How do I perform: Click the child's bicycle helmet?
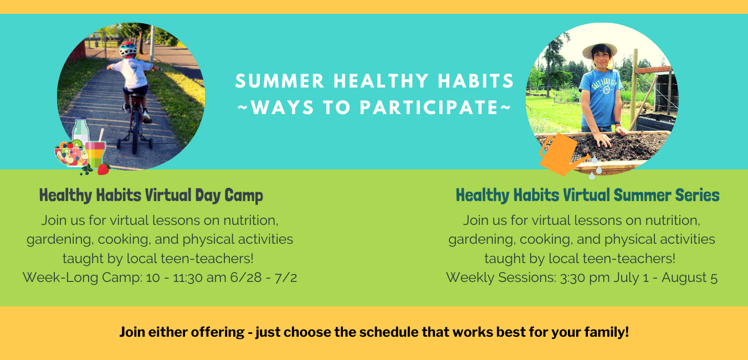tap(128, 49)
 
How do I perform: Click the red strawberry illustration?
tap(104, 169)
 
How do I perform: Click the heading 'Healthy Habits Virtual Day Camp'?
tap(151, 195)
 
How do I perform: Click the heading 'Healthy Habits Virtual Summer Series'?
tap(587, 195)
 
